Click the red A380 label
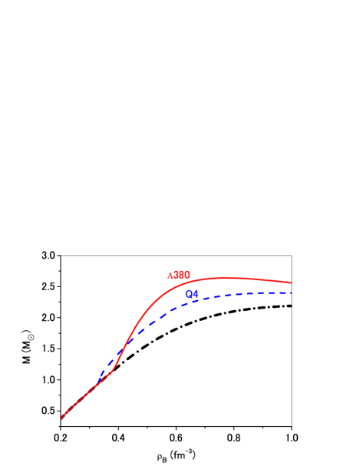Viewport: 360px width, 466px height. pos(179,275)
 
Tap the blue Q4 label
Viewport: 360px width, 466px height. pos(192,294)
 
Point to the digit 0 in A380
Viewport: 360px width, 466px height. pos(187,275)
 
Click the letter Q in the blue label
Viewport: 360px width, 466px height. pos(189,294)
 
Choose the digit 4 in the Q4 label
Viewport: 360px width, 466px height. pos(196,294)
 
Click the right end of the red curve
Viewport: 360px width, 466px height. pos(292,283)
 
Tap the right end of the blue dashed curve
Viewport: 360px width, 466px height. pos(292,293)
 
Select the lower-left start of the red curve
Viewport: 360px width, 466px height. pos(61,419)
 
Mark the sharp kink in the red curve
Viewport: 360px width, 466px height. pos(114,371)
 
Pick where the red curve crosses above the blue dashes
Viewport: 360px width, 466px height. pos(124,349)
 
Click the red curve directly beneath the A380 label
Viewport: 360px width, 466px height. pos(179,286)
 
